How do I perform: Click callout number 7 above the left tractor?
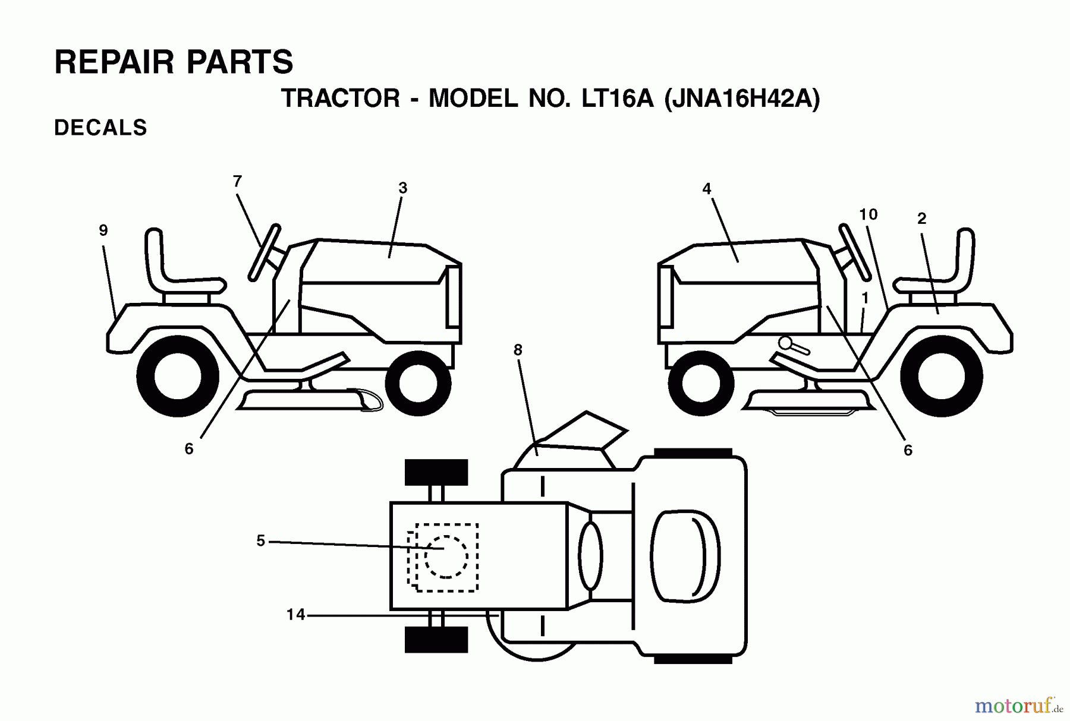tap(237, 182)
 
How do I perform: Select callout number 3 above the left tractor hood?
tap(402, 188)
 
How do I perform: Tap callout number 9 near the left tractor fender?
tap(103, 230)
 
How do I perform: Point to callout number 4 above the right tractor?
tap(706, 189)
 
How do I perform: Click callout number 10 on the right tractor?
tap(868, 214)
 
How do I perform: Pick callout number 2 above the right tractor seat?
tap(921, 219)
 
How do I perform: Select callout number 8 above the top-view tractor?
tap(518, 350)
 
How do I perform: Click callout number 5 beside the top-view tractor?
tap(260, 541)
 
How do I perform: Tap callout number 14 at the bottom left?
tap(295, 615)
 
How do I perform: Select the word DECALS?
tap(100, 128)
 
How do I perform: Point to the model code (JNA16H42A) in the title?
tap(742, 98)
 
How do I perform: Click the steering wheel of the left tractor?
tap(265, 252)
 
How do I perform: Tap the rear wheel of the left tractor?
tap(177, 376)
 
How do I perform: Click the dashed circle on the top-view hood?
tap(446, 556)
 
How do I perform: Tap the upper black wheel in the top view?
tap(436, 472)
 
